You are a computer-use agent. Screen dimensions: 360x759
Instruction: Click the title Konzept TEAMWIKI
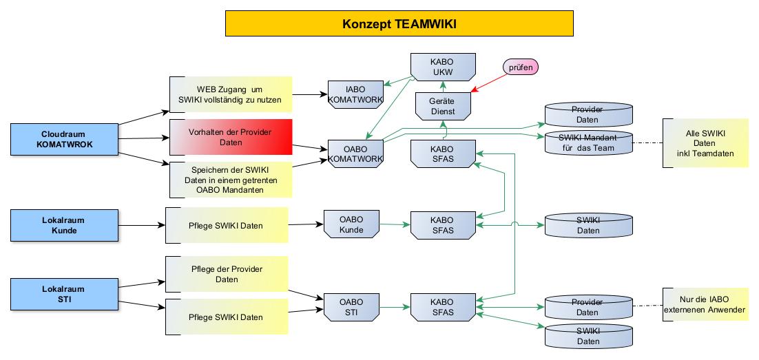tap(399, 24)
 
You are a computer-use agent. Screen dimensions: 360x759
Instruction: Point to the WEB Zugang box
tap(231, 94)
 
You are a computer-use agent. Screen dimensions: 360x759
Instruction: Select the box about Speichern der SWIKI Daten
tap(231, 178)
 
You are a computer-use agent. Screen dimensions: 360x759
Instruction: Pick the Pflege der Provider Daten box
tap(227, 274)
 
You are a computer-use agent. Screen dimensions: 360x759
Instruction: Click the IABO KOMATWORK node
tap(355, 94)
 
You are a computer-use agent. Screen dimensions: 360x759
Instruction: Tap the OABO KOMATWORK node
tap(355, 153)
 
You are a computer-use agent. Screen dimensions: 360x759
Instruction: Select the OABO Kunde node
tap(351, 224)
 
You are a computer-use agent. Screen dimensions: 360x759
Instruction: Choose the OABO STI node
tap(351, 306)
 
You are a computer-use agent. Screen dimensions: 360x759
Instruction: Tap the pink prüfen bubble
tap(521, 67)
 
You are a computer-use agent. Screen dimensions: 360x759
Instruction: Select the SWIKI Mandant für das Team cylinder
tap(588, 142)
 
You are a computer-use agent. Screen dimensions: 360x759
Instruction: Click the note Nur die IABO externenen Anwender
tap(705, 305)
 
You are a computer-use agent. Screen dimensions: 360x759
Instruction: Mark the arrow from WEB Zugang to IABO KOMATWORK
tap(309, 94)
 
